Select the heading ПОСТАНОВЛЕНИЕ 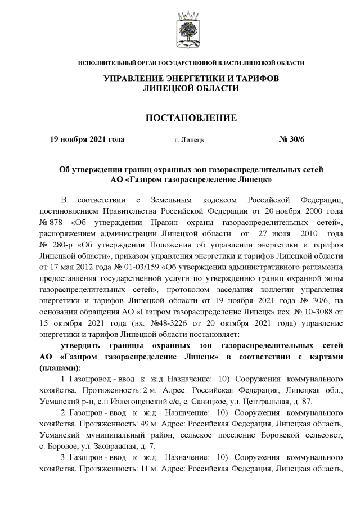191,118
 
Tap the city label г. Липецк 190,139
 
